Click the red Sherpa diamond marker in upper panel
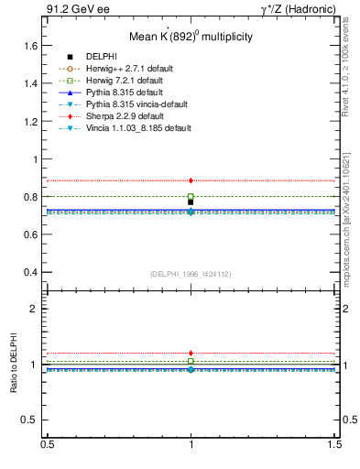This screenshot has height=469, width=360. pos(191,180)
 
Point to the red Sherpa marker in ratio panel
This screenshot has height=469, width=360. pos(191,353)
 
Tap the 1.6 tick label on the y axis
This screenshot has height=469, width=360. pos(29,45)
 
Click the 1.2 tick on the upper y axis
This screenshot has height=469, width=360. pos(29,121)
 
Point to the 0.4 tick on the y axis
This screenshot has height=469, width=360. pos(29,272)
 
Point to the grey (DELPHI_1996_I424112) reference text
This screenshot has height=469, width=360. pos(190,273)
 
